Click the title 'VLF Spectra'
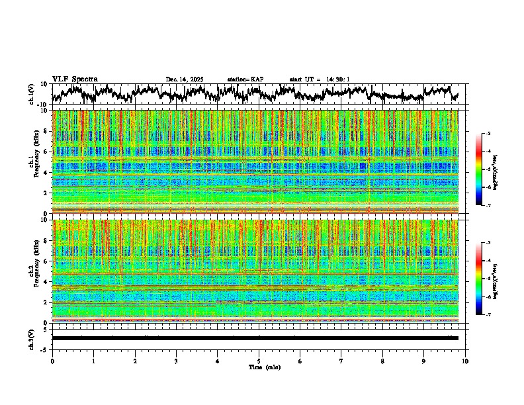point(75,79)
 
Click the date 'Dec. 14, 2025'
point(185,79)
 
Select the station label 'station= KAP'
point(245,79)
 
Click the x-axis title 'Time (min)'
point(259,367)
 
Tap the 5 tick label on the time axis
point(259,361)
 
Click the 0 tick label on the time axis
point(52,361)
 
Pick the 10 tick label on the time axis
point(465,361)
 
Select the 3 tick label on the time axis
point(176,361)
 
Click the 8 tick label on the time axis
point(382,361)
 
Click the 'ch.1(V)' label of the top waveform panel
point(32,94)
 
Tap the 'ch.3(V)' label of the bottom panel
point(32,338)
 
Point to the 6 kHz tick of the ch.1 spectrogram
point(46,152)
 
